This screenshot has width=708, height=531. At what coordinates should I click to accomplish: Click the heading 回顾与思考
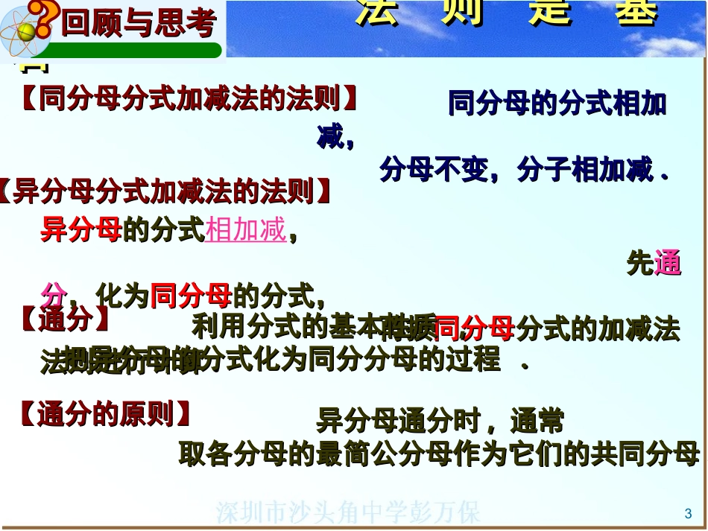(139, 25)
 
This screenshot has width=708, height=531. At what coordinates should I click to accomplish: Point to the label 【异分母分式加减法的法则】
(165, 191)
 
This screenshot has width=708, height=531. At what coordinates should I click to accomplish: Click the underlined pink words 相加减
(246, 230)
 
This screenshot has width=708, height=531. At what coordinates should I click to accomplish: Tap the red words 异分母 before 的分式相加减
(80, 230)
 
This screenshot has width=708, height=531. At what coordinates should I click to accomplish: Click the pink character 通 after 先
(668, 264)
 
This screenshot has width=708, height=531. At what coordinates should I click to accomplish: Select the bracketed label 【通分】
(65, 320)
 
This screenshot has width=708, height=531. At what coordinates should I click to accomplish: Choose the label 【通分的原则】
(105, 414)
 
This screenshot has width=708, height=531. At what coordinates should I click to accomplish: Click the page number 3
(688, 513)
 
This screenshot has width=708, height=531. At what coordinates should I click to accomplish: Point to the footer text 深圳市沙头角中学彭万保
(349, 513)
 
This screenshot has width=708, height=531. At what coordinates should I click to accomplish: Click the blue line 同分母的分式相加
(557, 104)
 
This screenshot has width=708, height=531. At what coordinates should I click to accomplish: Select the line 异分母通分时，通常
(440, 422)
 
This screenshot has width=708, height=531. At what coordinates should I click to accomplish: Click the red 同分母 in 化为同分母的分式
(191, 297)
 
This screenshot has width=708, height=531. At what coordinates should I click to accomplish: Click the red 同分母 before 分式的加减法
(473, 328)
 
